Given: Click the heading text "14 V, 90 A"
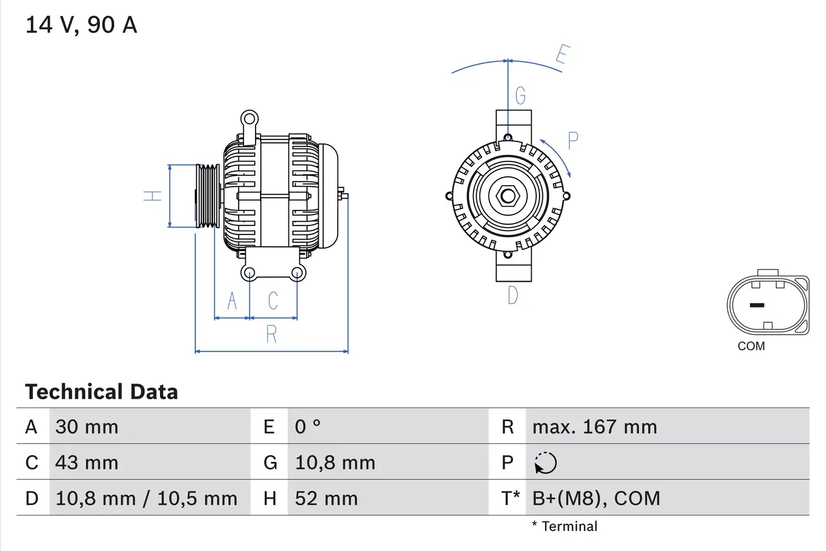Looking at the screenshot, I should point(81,25).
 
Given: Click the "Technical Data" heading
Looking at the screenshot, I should point(101,392).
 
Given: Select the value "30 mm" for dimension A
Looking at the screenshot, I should point(86,427).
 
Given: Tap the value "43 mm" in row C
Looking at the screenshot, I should point(86,463).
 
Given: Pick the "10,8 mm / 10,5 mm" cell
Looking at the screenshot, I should point(146,498).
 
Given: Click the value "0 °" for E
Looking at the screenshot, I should point(308,427).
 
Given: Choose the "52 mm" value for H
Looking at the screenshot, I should point(326,498).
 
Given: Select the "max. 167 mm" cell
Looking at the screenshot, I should point(594,427).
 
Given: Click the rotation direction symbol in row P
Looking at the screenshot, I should point(545,463).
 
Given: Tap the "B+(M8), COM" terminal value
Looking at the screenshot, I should point(596,498).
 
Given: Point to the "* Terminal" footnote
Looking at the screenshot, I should point(565,526).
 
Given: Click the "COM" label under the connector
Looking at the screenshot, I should point(751,346).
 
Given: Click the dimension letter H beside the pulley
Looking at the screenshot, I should point(152,196).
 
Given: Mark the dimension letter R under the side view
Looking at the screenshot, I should point(272,335).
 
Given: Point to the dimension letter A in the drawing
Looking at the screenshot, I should point(232,301).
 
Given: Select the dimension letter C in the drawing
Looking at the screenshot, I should point(273,301).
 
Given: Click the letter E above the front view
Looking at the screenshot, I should point(562,57).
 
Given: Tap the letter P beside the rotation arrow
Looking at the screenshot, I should point(572,141).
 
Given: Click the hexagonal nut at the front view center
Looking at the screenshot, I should point(508,196).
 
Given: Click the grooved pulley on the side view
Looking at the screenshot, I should point(208,196).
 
